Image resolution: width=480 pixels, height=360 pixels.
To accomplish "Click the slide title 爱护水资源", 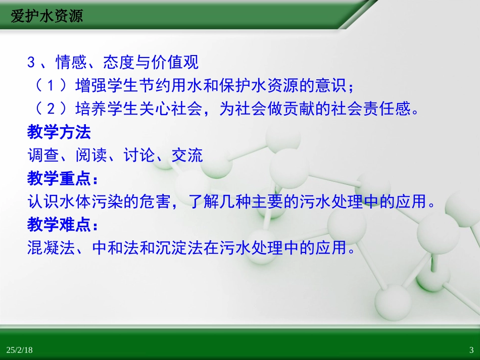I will coord(46,16).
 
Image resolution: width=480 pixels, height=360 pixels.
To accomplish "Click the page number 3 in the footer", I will coord(471,350).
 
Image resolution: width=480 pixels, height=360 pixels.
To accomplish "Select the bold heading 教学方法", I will coord(59,132).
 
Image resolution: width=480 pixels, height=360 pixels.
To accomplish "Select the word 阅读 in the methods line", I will coord(91,155).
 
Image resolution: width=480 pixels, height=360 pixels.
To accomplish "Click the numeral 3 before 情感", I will coord(31,63).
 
